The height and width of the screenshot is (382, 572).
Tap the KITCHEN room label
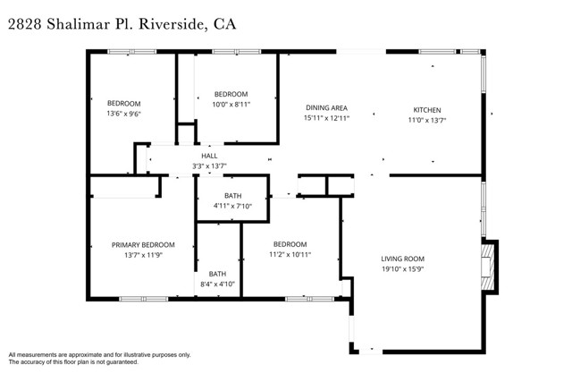(x=426, y=109)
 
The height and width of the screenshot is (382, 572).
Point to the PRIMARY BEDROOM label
(x=143, y=244)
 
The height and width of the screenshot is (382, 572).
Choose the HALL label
(x=209, y=156)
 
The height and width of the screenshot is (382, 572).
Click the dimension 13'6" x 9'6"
(x=124, y=114)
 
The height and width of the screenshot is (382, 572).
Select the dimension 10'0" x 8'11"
(x=231, y=105)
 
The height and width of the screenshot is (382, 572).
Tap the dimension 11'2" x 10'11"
(x=290, y=255)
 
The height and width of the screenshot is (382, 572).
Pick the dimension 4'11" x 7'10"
(x=232, y=206)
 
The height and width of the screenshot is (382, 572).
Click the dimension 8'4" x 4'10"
(x=217, y=284)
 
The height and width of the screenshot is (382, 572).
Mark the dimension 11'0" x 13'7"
(x=426, y=119)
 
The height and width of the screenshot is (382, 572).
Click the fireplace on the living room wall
(x=489, y=267)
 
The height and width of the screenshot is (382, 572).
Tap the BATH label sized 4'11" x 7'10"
(x=232, y=195)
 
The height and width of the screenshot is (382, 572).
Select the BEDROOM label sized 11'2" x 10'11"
(x=290, y=244)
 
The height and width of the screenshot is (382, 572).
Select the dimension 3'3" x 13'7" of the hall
(x=209, y=166)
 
